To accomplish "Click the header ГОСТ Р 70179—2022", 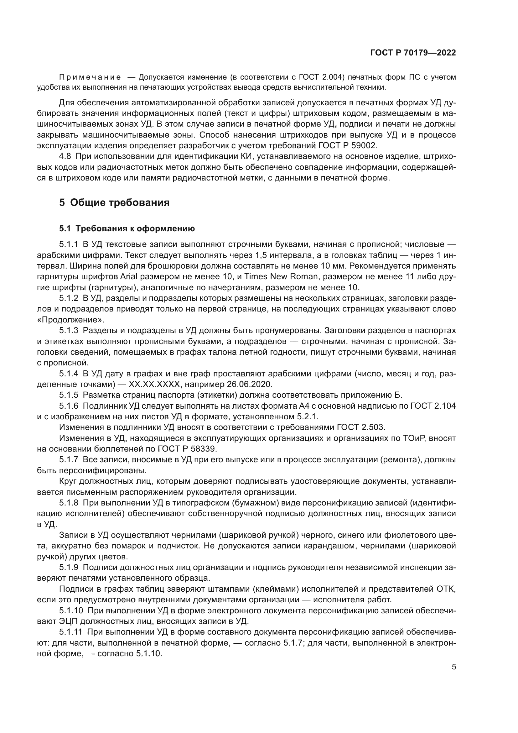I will (x=413, y=53).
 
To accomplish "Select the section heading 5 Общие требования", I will (x=114, y=202).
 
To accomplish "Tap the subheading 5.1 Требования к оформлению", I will (x=127, y=228).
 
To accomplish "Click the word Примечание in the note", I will (x=90, y=77).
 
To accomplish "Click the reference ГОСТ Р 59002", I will (x=348, y=146).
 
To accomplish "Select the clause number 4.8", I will (x=66, y=156).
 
